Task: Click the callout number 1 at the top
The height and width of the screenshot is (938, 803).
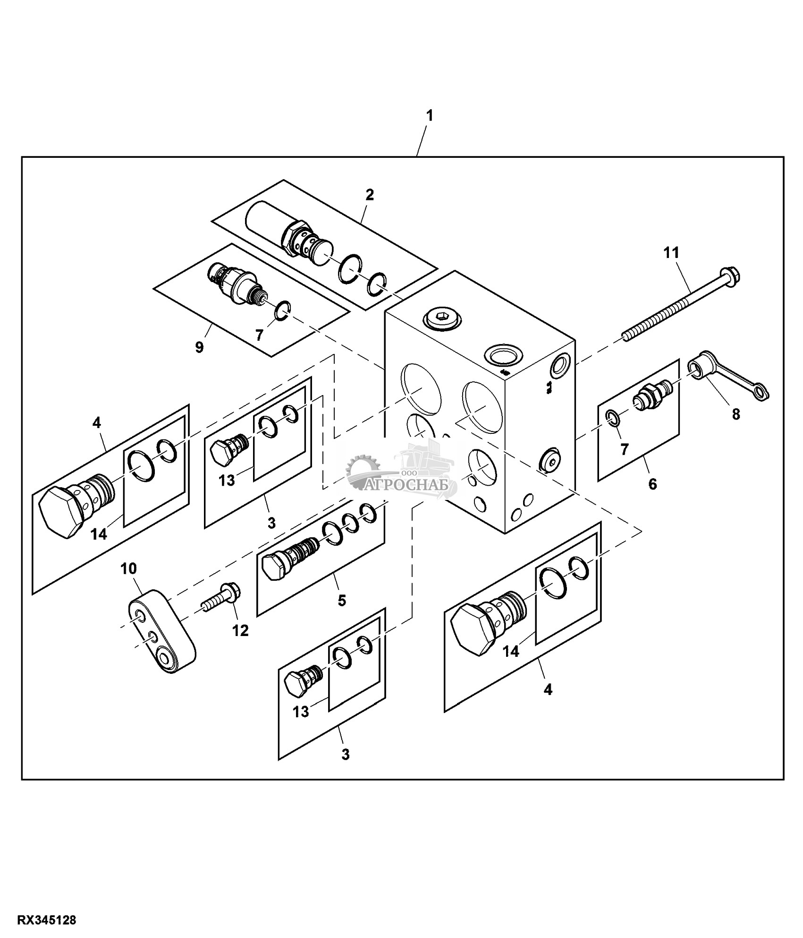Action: coord(429,116)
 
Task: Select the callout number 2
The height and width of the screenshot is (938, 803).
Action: coord(370,195)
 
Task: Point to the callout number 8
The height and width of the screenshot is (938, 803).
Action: coord(735,414)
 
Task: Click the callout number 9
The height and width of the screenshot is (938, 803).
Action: coord(199,347)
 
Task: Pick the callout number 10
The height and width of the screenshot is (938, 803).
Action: coord(128,568)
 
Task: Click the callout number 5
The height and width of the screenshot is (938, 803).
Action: coord(342,601)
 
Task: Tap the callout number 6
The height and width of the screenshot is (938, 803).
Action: coord(652,484)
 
